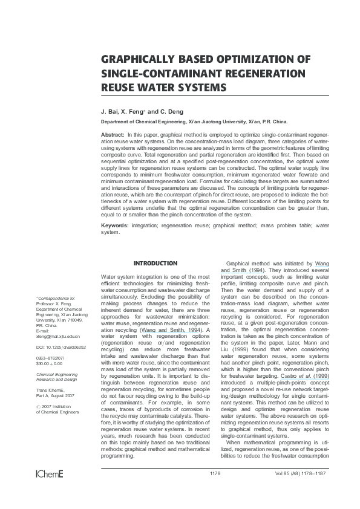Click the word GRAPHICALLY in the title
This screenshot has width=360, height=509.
click(138, 60)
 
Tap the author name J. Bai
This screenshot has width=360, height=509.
click(109, 112)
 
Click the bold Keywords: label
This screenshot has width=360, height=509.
click(116, 225)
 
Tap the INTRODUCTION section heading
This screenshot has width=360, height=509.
click(155, 264)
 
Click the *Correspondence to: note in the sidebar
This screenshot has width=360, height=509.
click(56, 298)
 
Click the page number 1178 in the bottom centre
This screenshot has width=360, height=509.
click(215, 489)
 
